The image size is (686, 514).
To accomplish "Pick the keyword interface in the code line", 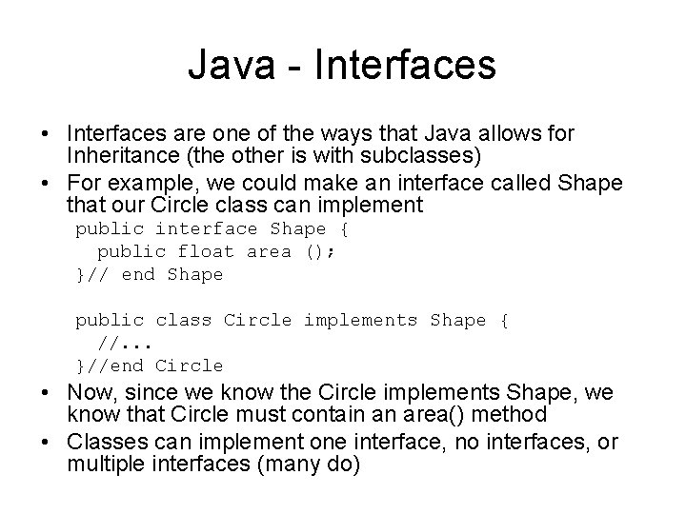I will [207, 228].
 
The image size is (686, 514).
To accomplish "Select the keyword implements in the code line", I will [360, 320].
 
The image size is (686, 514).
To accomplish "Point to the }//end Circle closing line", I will [150, 366].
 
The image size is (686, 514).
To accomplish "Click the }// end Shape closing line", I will [150, 274].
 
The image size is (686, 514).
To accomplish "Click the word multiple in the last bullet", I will [99, 465].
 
